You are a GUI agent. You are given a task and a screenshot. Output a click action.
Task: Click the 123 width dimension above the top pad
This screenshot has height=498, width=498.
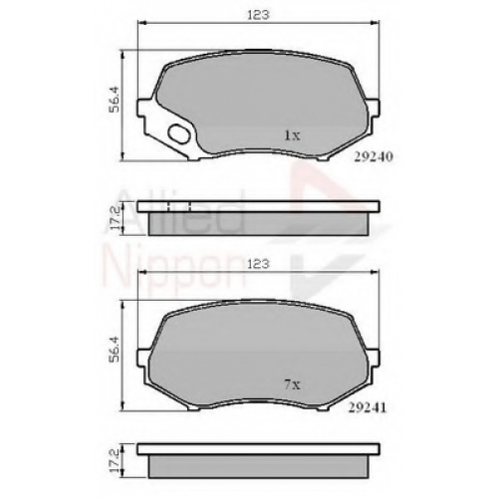coord(258,15)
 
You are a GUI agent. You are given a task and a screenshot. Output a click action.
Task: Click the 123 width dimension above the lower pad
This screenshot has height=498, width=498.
coord(258,264)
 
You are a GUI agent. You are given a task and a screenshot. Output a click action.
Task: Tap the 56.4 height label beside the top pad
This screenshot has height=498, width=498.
coord(114,100)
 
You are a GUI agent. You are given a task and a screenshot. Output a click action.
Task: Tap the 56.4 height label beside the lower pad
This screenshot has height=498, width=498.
coord(114,349)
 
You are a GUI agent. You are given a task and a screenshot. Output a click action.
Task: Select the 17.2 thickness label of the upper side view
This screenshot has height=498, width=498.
coord(114,218)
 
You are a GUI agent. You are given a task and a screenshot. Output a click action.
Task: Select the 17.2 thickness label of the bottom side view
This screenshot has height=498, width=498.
coord(114,461)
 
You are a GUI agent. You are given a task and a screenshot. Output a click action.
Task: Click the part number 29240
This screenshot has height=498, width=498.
coord(373,156)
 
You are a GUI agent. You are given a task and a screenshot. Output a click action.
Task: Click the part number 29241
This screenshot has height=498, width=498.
coord(368,407)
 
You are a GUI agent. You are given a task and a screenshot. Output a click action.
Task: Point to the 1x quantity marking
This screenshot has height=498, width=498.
coord(292,135)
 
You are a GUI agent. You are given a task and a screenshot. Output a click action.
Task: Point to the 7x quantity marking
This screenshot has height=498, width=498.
coord(292,384)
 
